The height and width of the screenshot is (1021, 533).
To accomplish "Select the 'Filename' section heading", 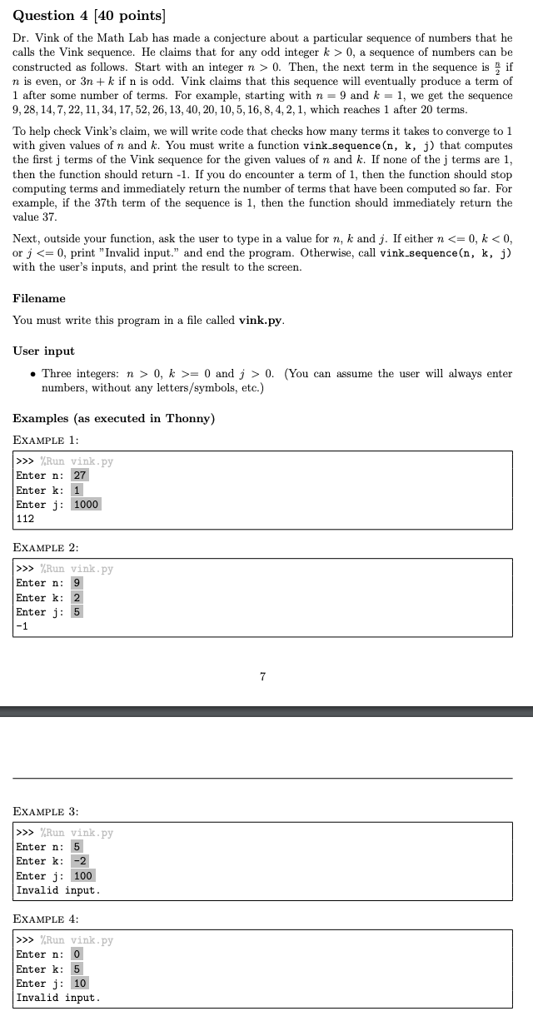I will [x=39, y=298].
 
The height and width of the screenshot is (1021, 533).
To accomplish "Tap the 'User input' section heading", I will [x=43, y=351].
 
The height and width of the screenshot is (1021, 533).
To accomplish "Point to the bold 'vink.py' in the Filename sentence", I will [x=261, y=320].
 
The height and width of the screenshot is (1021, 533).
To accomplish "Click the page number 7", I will [x=262, y=677].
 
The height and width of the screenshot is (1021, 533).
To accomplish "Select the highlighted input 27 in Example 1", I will [x=79, y=476].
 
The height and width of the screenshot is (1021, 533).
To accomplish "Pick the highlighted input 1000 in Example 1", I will [x=86, y=504].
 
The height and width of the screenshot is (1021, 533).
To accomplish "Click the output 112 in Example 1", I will [x=25, y=518].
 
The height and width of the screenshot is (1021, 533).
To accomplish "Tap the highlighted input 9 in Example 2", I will [x=77, y=583].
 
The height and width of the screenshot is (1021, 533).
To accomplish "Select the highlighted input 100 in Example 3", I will [x=82, y=875].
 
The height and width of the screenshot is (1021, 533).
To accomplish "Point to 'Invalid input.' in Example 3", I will [x=57, y=889].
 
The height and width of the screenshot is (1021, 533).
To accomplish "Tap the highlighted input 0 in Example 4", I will [x=77, y=954].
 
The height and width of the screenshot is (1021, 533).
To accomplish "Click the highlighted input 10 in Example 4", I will [x=80, y=983].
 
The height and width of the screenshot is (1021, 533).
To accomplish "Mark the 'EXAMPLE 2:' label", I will [x=46, y=547].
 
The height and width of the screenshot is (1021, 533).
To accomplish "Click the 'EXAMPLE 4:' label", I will [x=46, y=919].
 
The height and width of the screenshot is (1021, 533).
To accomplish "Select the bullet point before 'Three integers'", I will [x=32, y=374].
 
